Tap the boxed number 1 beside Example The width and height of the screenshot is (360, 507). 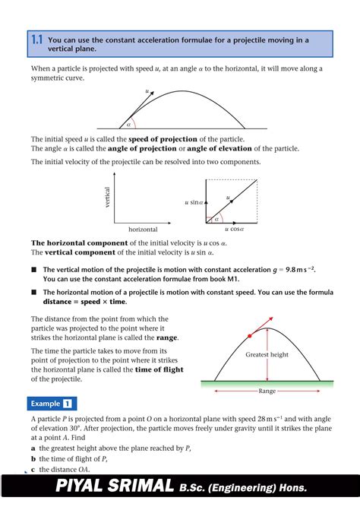coord(68,404)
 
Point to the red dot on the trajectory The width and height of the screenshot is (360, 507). coord(250,335)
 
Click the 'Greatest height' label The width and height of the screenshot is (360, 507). coord(267,355)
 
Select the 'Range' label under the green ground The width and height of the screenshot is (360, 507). coord(267,391)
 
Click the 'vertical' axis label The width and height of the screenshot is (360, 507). coord(107,198)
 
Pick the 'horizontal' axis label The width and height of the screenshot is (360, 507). coord(143,229)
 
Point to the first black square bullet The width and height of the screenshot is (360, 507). coord(33,269)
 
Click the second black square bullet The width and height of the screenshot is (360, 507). coord(33,292)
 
